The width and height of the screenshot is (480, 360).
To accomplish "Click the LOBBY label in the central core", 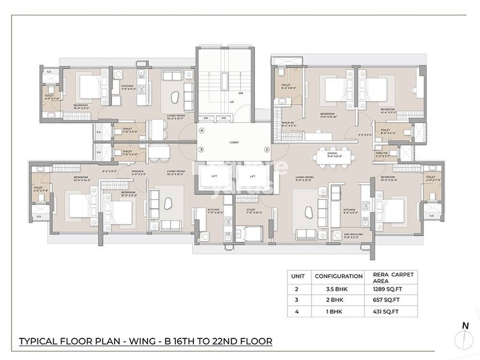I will [233, 143].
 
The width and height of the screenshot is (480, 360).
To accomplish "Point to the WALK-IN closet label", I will [289, 125].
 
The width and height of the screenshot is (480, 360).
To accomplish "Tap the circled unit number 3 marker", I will [201, 149].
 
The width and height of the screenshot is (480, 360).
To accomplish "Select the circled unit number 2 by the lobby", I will [267, 149].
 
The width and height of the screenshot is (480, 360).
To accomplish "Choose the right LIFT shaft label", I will [252, 176].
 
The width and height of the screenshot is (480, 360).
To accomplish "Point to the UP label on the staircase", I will [232, 101].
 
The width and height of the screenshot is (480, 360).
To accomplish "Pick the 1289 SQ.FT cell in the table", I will [387, 289].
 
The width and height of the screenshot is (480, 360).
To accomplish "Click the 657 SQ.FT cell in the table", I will [385, 300].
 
